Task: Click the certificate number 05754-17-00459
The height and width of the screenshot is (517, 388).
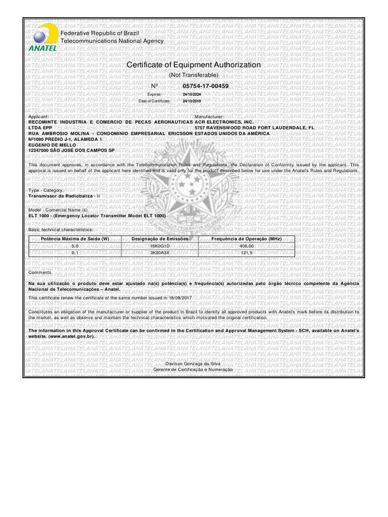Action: coord(206,86)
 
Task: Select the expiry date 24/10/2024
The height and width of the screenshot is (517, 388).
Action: coord(191,94)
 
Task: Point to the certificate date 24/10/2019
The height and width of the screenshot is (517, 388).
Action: coord(191,101)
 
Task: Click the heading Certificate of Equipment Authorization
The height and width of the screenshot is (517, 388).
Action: coord(193,65)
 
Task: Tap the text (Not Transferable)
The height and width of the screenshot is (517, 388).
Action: coord(193,75)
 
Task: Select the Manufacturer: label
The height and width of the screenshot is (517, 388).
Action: coord(209,117)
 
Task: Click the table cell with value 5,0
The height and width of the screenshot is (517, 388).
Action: coord(75,245)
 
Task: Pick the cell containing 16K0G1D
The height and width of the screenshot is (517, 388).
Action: coord(160,245)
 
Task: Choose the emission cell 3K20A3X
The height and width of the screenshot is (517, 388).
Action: coord(160,252)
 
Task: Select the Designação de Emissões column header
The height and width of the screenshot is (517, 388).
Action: coord(160,238)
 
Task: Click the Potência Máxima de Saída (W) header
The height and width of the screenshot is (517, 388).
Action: coord(75,238)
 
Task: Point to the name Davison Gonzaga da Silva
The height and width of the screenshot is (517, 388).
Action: coord(186,364)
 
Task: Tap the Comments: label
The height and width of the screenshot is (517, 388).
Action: coord(40,273)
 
